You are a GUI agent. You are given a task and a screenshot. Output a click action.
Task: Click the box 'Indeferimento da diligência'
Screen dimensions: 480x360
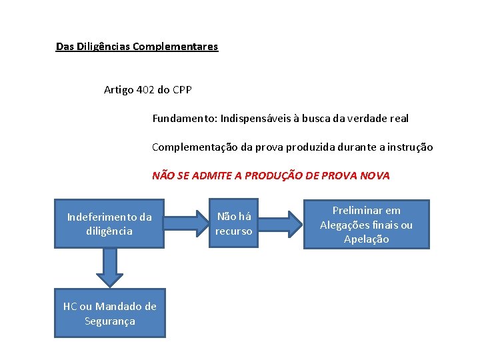click(x=109, y=224)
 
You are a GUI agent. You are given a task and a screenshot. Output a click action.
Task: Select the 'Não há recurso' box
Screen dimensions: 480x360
click(x=234, y=224)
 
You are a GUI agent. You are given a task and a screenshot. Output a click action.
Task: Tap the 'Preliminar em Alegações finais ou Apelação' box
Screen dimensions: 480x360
click(x=367, y=225)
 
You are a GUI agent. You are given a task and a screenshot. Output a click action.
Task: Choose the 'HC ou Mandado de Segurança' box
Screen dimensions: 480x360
click(x=109, y=314)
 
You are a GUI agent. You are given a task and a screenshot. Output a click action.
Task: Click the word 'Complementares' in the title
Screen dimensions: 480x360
click(x=175, y=47)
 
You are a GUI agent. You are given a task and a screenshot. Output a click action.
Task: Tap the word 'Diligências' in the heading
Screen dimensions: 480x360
click(x=103, y=47)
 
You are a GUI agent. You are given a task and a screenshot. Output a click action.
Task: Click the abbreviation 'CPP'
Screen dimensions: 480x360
click(x=181, y=89)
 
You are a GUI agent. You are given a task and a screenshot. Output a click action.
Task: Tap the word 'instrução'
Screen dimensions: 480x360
click(x=410, y=147)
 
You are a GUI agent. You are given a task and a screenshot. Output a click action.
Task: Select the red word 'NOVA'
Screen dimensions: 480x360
click(x=375, y=176)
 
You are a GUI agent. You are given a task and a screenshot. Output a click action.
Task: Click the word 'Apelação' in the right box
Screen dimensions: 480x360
click(x=366, y=239)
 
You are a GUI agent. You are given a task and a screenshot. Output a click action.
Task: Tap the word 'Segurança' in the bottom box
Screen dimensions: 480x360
click(x=109, y=321)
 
